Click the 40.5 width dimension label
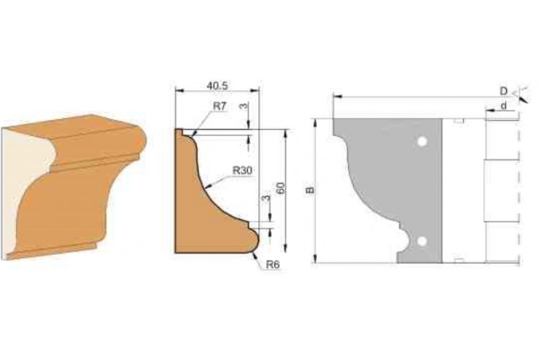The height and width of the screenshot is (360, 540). [x=217, y=86]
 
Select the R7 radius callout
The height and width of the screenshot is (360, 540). [x=220, y=107]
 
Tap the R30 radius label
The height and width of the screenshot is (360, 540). [x=243, y=170]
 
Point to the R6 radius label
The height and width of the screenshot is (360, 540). [x=272, y=264]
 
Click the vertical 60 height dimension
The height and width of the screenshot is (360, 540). [x=281, y=188]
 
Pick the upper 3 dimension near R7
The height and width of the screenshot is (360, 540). [x=243, y=107]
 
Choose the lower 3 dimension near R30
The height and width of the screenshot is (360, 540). [x=266, y=199]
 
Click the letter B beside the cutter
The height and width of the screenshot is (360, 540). [x=310, y=190]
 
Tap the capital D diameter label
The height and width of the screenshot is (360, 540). [x=503, y=91]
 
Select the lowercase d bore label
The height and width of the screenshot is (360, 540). [x=503, y=106]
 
